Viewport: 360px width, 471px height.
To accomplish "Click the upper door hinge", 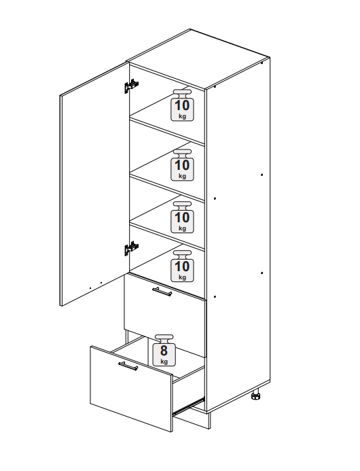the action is tap(131, 86).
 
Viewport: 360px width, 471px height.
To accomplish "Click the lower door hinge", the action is tap(131, 248).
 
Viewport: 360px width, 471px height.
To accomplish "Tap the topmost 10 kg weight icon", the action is tap(182, 105).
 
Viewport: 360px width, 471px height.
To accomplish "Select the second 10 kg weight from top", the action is tap(182, 165).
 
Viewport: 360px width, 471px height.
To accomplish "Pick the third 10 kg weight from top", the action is tap(182, 217).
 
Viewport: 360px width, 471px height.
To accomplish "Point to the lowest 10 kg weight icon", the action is tap(182, 266).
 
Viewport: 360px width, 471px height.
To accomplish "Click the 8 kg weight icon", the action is tap(164, 350).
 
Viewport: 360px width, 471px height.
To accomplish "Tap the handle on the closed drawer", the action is tap(162, 291).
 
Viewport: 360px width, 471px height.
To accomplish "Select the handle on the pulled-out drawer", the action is tap(128, 366).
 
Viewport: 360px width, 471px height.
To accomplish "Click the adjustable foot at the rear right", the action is tap(256, 395).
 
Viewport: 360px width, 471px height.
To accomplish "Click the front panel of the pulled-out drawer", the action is tap(132, 389).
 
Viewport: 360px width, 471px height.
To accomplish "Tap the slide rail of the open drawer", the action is tap(189, 405).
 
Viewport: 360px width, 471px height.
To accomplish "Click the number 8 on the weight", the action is tap(164, 350).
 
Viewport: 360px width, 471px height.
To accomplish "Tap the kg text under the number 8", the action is tap(164, 361).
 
